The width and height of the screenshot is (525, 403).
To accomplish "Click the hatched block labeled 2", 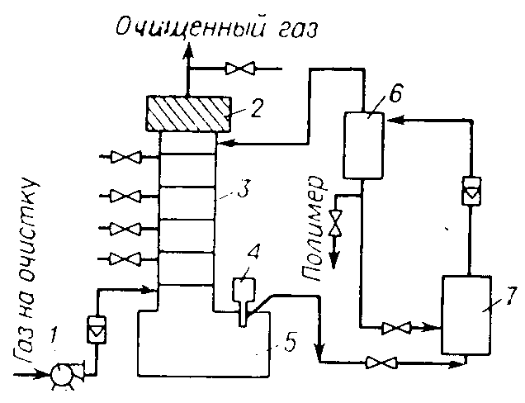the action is coord(188,114).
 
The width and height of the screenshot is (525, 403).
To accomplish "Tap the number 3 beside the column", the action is coord(242,190).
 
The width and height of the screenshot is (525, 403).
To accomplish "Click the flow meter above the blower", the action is coord(96,330).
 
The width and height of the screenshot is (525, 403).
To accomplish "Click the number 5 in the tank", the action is coord(288,343).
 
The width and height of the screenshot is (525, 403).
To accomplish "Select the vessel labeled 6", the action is coord(363,145).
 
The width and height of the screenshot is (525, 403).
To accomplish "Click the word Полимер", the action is coord(314,229).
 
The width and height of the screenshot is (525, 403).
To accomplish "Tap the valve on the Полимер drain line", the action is coord(335,224).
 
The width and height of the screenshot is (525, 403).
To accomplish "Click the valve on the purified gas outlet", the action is coord(240,69).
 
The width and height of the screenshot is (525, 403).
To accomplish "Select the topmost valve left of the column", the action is coord(126,157).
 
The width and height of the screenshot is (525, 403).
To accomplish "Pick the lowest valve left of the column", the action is coord(126,259).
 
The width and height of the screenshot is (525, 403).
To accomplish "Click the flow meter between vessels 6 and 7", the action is coord(471,191).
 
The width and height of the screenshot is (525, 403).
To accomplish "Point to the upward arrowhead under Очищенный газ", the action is coord(188,53).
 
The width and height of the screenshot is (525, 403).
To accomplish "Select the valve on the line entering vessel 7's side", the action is coord(396,328).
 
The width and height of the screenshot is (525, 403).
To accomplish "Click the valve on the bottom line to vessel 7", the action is coord(381,363).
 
